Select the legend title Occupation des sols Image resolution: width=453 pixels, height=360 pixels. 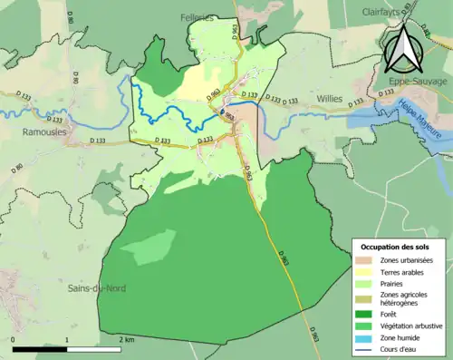(x=397, y=247)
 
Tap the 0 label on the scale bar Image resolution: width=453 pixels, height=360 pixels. (x=14, y=339)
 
